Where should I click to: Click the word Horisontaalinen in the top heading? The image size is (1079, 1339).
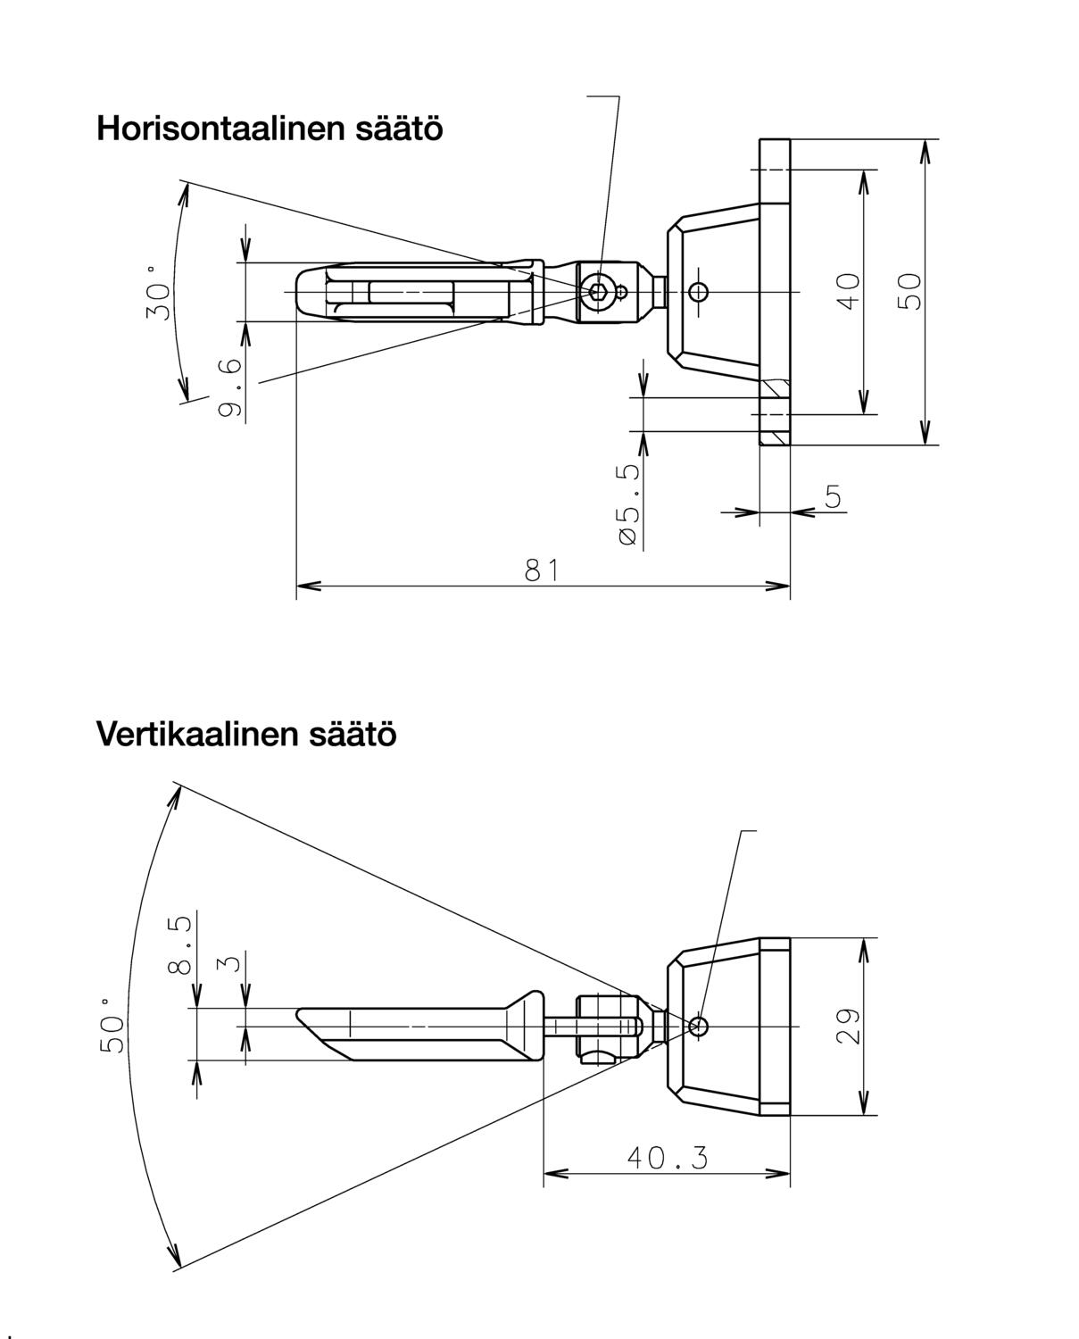212,129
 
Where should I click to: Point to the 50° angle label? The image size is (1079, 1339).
113,1027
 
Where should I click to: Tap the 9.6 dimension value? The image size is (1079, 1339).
230,387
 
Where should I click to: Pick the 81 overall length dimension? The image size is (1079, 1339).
542,570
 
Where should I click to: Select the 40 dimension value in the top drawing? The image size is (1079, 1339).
849,291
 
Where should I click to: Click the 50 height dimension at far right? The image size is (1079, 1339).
909,291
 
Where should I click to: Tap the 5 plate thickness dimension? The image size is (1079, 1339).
833,496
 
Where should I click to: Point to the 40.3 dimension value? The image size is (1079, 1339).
667,1158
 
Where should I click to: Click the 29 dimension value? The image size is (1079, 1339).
848,1027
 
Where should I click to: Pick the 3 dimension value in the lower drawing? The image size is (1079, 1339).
230,963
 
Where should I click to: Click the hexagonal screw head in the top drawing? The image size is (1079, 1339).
597,291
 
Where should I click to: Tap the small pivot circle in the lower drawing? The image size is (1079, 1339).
699,1027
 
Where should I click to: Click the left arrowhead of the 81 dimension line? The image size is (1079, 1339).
304,586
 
